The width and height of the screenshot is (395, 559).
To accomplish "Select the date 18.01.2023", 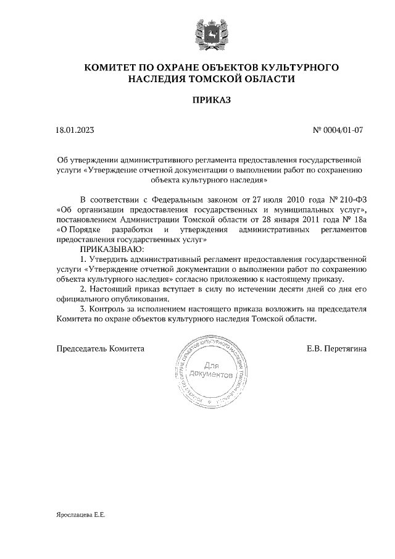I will click(x=75, y=130).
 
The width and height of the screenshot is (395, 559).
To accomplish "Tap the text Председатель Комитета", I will click(x=101, y=348).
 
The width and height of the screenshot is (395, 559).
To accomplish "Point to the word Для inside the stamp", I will click(x=211, y=366).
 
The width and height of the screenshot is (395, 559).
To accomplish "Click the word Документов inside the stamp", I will click(x=212, y=375).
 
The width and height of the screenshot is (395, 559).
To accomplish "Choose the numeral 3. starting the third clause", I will click(x=84, y=309).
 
